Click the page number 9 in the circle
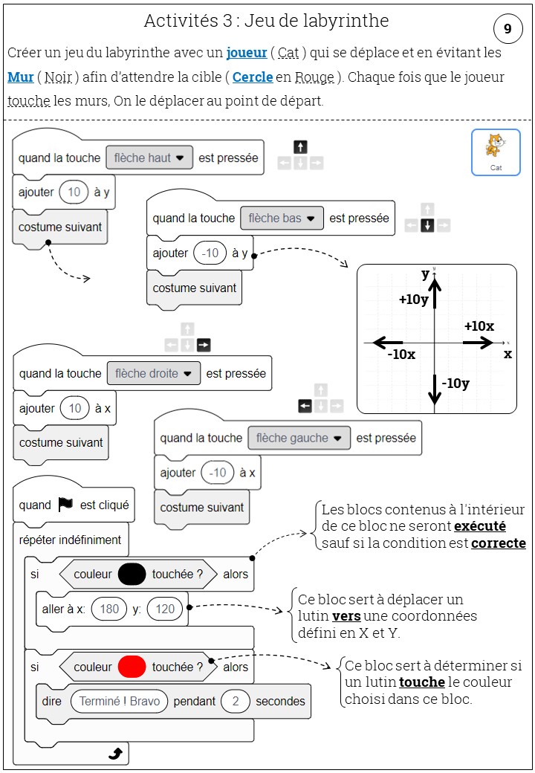(x=508, y=29)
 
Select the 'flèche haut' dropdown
(x=149, y=158)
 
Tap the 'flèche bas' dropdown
(x=282, y=219)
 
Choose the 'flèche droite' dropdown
(x=154, y=373)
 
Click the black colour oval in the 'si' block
(x=132, y=574)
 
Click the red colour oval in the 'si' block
(x=132, y=667)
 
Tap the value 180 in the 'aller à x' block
(x=109, y=609)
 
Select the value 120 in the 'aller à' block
(x=165, y=609)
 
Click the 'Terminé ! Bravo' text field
(x=120, y=701)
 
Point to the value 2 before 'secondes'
(x=236, y=701)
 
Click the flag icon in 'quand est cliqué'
(x=66, y=505)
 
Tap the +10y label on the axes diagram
(x=413, y=299)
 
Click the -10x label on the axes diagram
(x=401, y=355)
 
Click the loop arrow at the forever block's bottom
(x=115, y=754)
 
